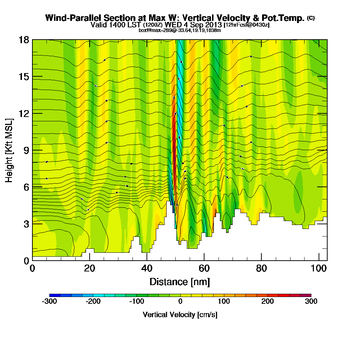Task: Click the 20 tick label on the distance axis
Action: pos(90,268)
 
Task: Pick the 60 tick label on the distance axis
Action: pos(204,268)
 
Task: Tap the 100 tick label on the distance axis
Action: pos(319,268)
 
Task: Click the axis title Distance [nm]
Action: pos(180,282)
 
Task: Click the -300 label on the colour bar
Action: pos(49,302)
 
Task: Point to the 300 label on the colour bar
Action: pos(311,302)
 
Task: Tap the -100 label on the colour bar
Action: pos(136,302)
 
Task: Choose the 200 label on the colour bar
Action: pos(267,302)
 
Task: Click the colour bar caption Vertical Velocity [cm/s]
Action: pos(180,315)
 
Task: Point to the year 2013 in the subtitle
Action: pos(213,25)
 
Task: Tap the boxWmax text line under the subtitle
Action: pos(180,30)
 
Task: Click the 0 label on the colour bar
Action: pos(180,302)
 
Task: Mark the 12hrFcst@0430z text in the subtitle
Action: pos(247,25)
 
